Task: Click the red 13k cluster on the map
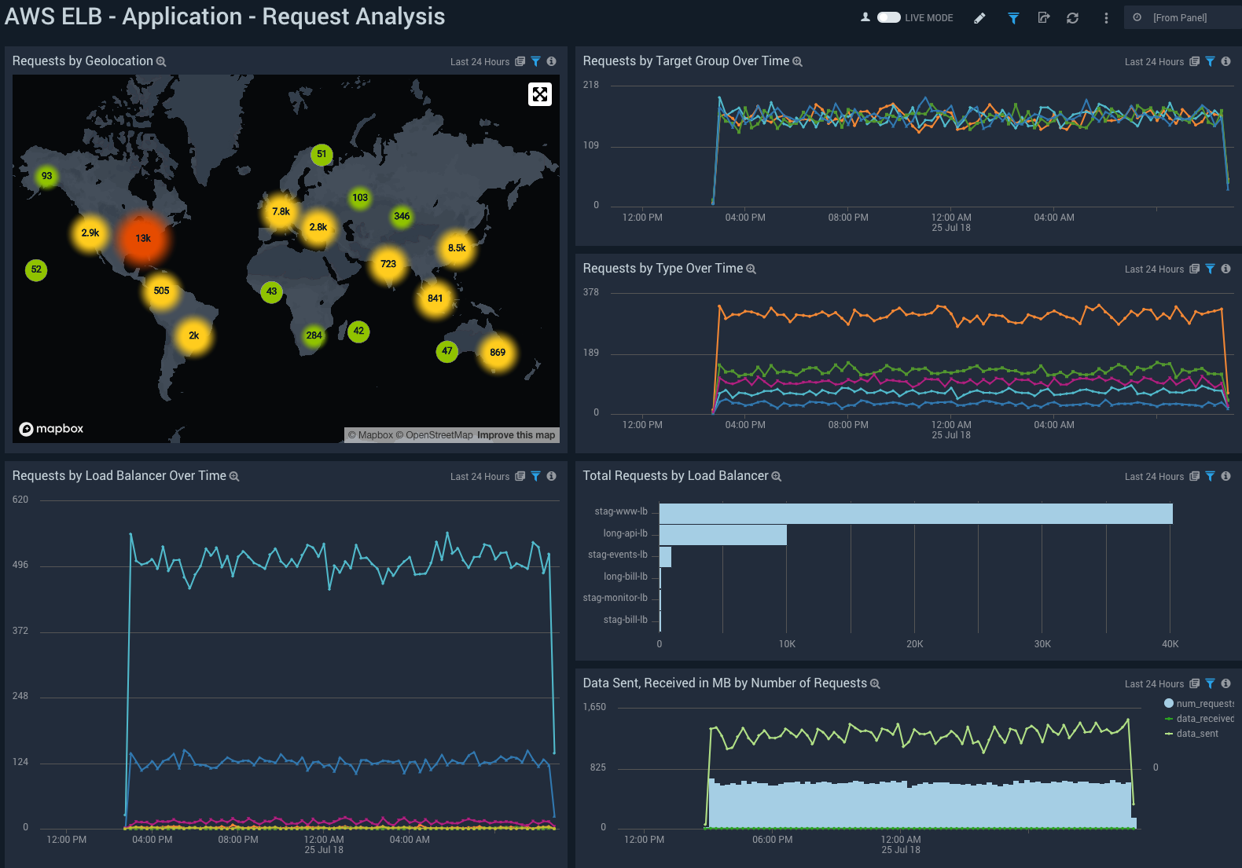[143, 239]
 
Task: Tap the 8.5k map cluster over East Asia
[457, 248]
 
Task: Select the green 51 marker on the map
[321, 154]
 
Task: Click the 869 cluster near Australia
[498, 353]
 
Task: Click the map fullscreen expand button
[539, 94]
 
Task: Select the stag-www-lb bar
[915, 514]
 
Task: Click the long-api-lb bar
[722, 535]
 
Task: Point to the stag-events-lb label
[617, 555]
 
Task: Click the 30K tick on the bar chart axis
[1042, 644]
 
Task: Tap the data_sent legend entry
[1196, 734]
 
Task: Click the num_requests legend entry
[1203, 704]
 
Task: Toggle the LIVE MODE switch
[888, 17]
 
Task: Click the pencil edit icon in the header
[979, 18]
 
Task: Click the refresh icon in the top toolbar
[1072, 18]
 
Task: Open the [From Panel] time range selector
[1179, 17]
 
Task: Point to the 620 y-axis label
[20, 500]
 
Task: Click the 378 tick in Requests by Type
[590, 292]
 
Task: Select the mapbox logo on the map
[51, 429]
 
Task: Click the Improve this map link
[516, 435]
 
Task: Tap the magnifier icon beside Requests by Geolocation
[161, 61]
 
